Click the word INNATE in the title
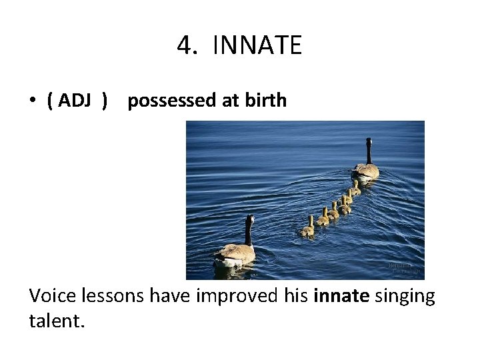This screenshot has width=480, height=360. [x=257, y=46]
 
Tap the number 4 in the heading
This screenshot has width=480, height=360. [x=185, y=46]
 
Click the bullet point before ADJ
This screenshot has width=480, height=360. [x=32, y=101]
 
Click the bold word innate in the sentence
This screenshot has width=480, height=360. [x=341, y=295]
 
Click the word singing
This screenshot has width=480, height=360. [x=405, y=295]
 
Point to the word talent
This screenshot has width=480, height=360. [x=57, y=321]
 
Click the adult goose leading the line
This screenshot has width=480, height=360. [x=365, y=167]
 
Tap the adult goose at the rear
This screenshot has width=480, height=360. [x=235, y=250]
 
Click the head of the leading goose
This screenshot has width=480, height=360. [x=368, y=141]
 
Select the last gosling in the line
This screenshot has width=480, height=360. [x=307, y=229]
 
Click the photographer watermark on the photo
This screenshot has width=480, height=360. [x=405, y=268]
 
